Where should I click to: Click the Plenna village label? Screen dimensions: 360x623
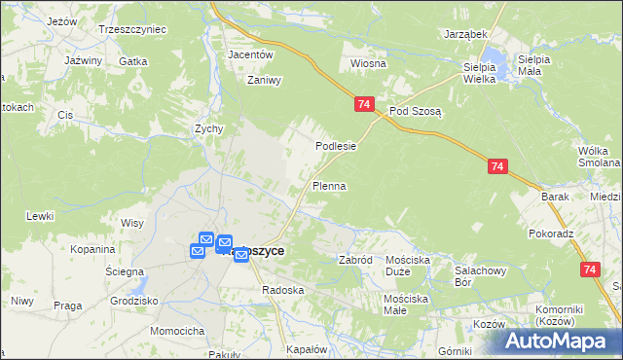pyautogui.click(x=329, y=185)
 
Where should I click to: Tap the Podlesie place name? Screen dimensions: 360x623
pyautogui.click(x=335, y=146)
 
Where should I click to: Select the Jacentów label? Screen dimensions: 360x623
pyautogui.click(x=248, y=54)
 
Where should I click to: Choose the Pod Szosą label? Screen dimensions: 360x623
pyautogui.click(x=416, y=111)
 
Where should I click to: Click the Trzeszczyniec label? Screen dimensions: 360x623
pyautogui.click(x=132, y=29)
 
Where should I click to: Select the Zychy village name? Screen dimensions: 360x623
pyautogui.click(x=209, y=128)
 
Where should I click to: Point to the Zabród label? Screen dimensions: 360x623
pyautogui.click(x=355, y=261)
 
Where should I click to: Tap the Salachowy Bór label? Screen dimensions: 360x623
pyautogui.click(x=477, y=275)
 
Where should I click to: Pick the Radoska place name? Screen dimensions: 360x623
pyautogui.click(x=283, y=290)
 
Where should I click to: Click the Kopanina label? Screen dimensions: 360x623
pyautogui.click(x=93, y=249)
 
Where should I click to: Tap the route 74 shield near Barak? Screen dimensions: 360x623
pyautogui.click(x=497, y=167)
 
